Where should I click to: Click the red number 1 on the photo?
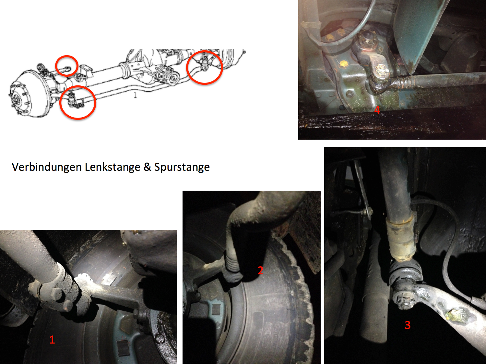(x=52, y=340)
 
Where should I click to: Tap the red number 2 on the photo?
(x=260, y=270)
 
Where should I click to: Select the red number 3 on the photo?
(x=408, y=325)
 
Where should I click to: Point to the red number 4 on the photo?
(x=377, y=110)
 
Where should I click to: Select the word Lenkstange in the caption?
(x=113, y=167)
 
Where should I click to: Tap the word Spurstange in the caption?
(x=182, y=167)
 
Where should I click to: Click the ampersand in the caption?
(x=147, y=167)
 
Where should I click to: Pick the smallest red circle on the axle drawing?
(x=67, y=66)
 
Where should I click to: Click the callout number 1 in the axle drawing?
(x=135, y=95)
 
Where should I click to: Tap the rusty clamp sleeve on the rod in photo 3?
(x=401, y=239)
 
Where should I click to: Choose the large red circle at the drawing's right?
(x=204, y=68)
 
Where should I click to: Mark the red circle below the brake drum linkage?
(x=77, y=102)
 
